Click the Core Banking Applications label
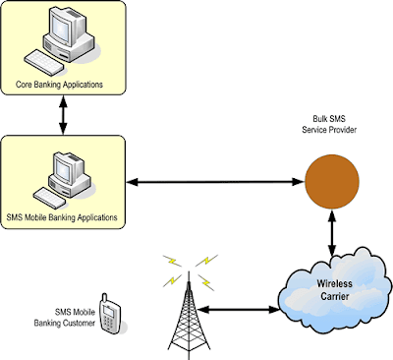[63, 85]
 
